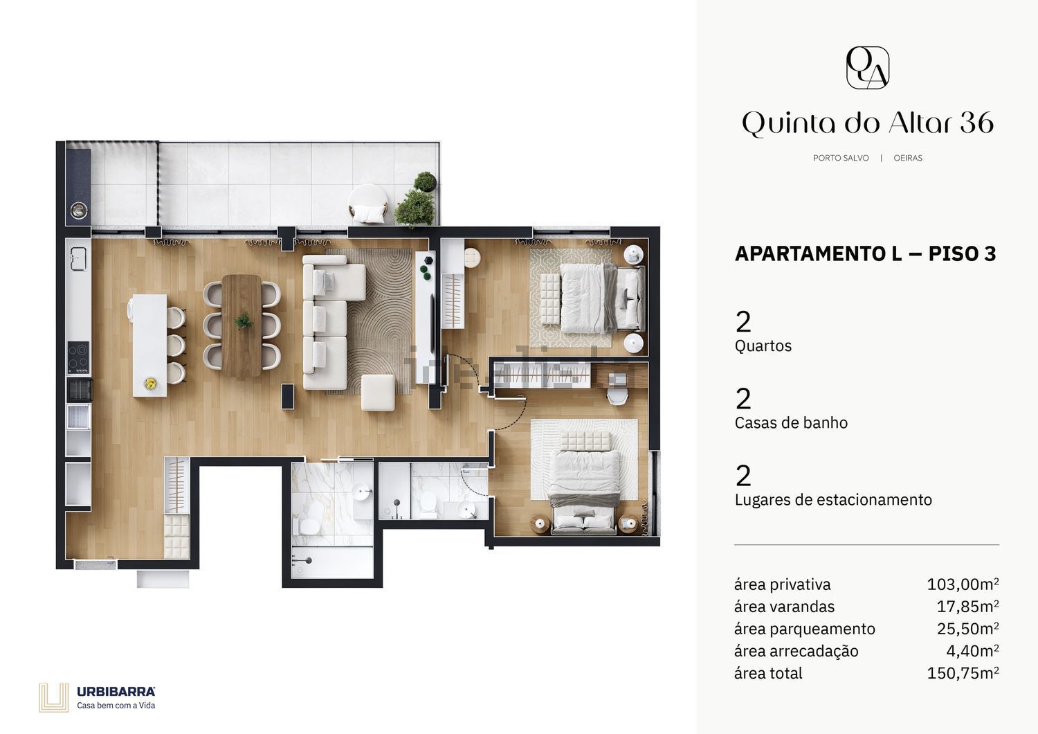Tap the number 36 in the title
click(x=977, y=123)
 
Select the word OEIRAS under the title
click(x=908, y=158)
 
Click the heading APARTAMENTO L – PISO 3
click(x=865, y=253)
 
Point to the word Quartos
click(x=763, y=346)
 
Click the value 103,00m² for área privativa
click(x=963, y=584)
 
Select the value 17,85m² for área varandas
click(x=968, y=607)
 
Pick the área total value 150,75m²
click(x=963, y=673)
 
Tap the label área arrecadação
click(x=796, y=652)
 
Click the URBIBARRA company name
click(x=116, y=692)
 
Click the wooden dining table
click(x=242, y=325)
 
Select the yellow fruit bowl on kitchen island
click(x=150, y=383)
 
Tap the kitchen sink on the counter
click(x=79, y=259)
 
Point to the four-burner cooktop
click(x=79, y=357)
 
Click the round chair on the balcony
click(x=368, y=204)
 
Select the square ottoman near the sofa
click(x=378, y=393)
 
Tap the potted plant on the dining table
click(x=243, y=321)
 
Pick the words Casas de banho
click(x=791, y=423)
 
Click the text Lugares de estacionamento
click(x=833, y=500)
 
